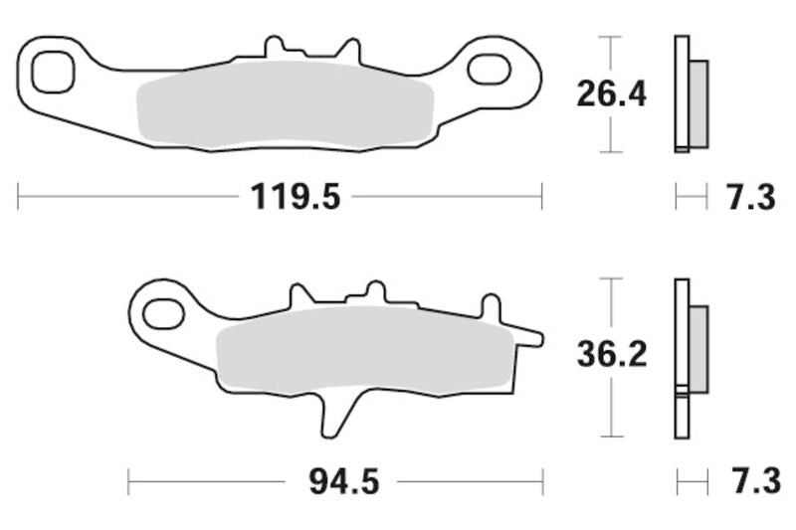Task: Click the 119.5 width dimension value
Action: pyautogui.click(x=295, y=197)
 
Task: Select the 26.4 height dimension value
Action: pyautogui.click(x=611, y=94)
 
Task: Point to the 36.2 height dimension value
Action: pyautogui.click(x=611, y=353)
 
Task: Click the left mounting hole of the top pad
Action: pyautogui.click(x=53, y=71)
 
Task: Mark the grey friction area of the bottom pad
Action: pyautogui.click(x=363, y=348)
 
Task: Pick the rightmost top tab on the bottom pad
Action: pyautogui.click(x=490, y=304)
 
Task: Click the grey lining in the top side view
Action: pyautogui.click(x=698, y=103)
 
